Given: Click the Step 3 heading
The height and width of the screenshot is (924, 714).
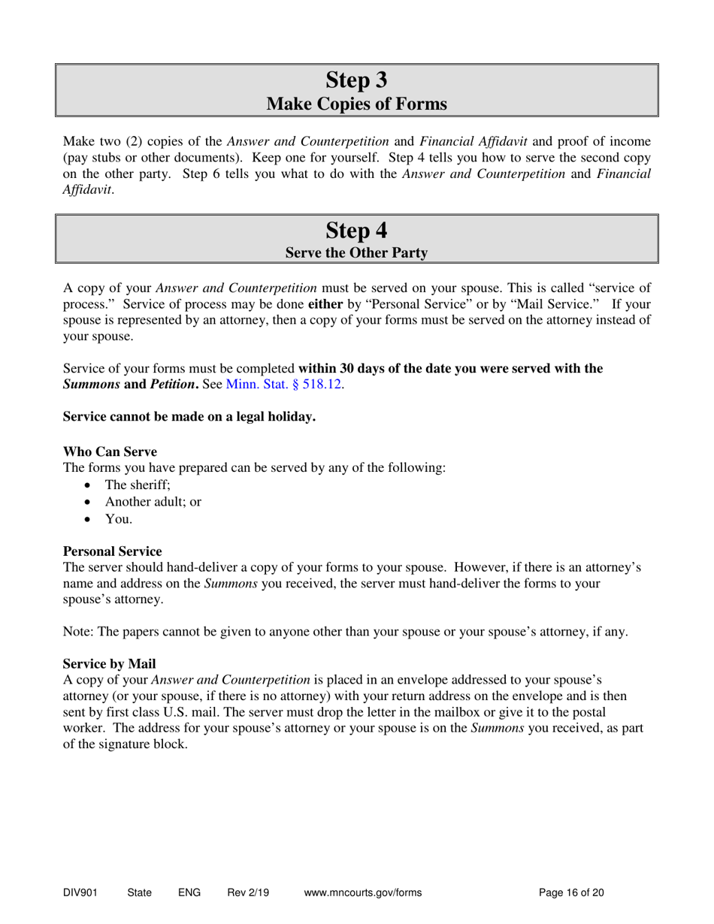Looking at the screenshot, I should click(357, 79).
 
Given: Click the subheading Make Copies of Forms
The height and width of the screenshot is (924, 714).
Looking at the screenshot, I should click(357, 104).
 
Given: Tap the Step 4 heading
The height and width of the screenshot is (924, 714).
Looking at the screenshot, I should click(357, 229).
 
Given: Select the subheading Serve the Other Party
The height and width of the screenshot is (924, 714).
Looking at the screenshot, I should click(357, 253).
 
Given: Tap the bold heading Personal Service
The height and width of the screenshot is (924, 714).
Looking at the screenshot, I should click(112, 551).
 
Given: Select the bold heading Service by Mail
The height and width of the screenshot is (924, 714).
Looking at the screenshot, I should click(109, 664).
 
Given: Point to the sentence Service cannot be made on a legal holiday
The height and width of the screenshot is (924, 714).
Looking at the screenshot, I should click(189, 417).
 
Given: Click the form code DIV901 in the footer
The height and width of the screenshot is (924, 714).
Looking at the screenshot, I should click(80, 893).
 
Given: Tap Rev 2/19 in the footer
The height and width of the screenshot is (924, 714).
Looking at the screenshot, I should click(248, 893).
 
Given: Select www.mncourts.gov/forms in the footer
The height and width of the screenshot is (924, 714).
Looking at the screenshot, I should click(363, 893).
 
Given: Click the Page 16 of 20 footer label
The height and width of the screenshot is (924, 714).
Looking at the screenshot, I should click(572, 893).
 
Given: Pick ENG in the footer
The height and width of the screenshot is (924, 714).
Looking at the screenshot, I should click(189, 893).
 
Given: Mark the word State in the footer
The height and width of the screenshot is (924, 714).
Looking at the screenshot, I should click(140, 893).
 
